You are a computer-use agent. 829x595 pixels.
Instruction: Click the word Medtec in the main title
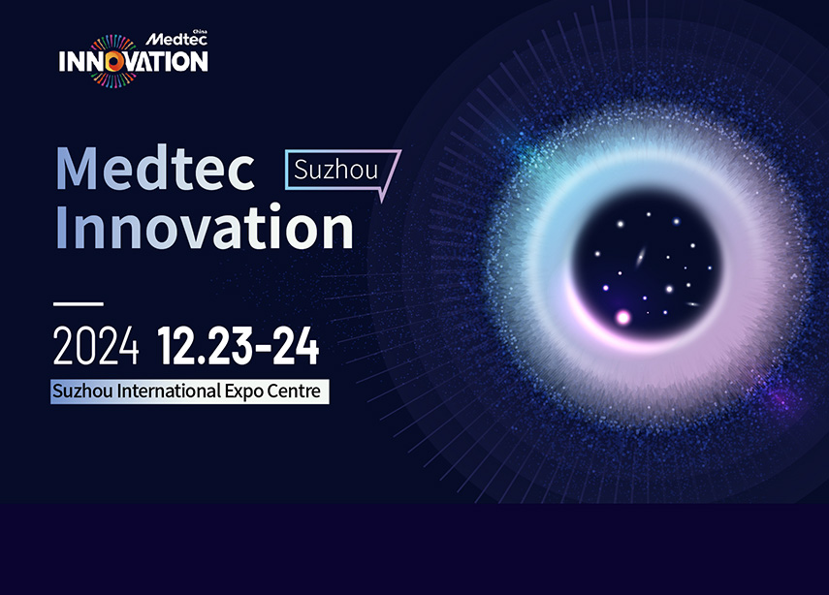click(x=155, y=169)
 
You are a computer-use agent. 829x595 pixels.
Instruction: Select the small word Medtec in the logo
click(x=172, y=40)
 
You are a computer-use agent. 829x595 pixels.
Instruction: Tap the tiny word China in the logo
click(x=199, y=31)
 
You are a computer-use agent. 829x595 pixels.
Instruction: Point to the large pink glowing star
click(x=623, y=317)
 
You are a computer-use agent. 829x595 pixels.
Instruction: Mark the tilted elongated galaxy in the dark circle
click(x=640, y=257)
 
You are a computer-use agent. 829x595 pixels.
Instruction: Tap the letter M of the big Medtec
click(x=80, y=169)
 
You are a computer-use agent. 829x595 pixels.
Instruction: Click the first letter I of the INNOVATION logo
click(x=62, y=62)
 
